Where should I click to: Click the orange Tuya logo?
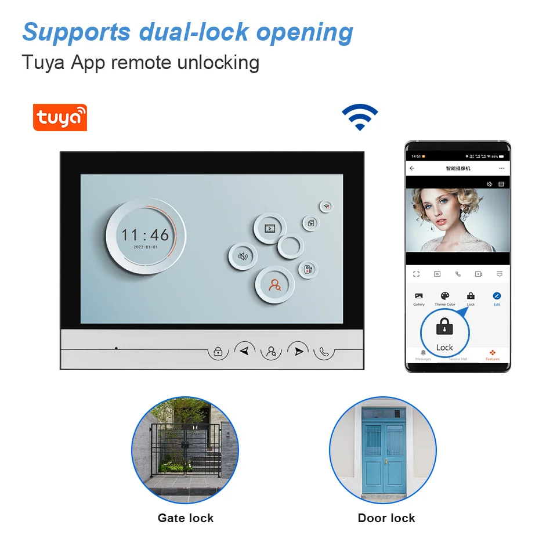click(x=60, y=117)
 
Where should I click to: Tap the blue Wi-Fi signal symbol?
click(x=360, y=117)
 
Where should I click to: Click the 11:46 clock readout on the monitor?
click(x=145, y=235)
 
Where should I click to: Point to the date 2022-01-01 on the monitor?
click(x=145, y=247)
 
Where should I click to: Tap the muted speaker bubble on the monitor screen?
click(x=243, y=256)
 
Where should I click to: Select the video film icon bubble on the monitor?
click(x=270, y=228)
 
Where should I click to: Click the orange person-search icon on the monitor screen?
click(x=274, y=285)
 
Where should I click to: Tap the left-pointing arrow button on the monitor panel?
click(x=245, y=350)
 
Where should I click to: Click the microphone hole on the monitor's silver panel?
click(x=116, y=348)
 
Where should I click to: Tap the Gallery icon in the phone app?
click(x=419, y=296)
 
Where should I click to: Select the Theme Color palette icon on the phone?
click(x=445, y=296)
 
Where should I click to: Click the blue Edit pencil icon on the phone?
click(x=497, y=296)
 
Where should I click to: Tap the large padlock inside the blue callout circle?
click(x=444, y=328)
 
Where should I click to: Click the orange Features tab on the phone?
click(x=492, y=355)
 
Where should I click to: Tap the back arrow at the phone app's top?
click(x=412, y=168)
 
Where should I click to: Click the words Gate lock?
click(x=186, y=518)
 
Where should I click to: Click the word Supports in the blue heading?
click(x=76, y=32)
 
